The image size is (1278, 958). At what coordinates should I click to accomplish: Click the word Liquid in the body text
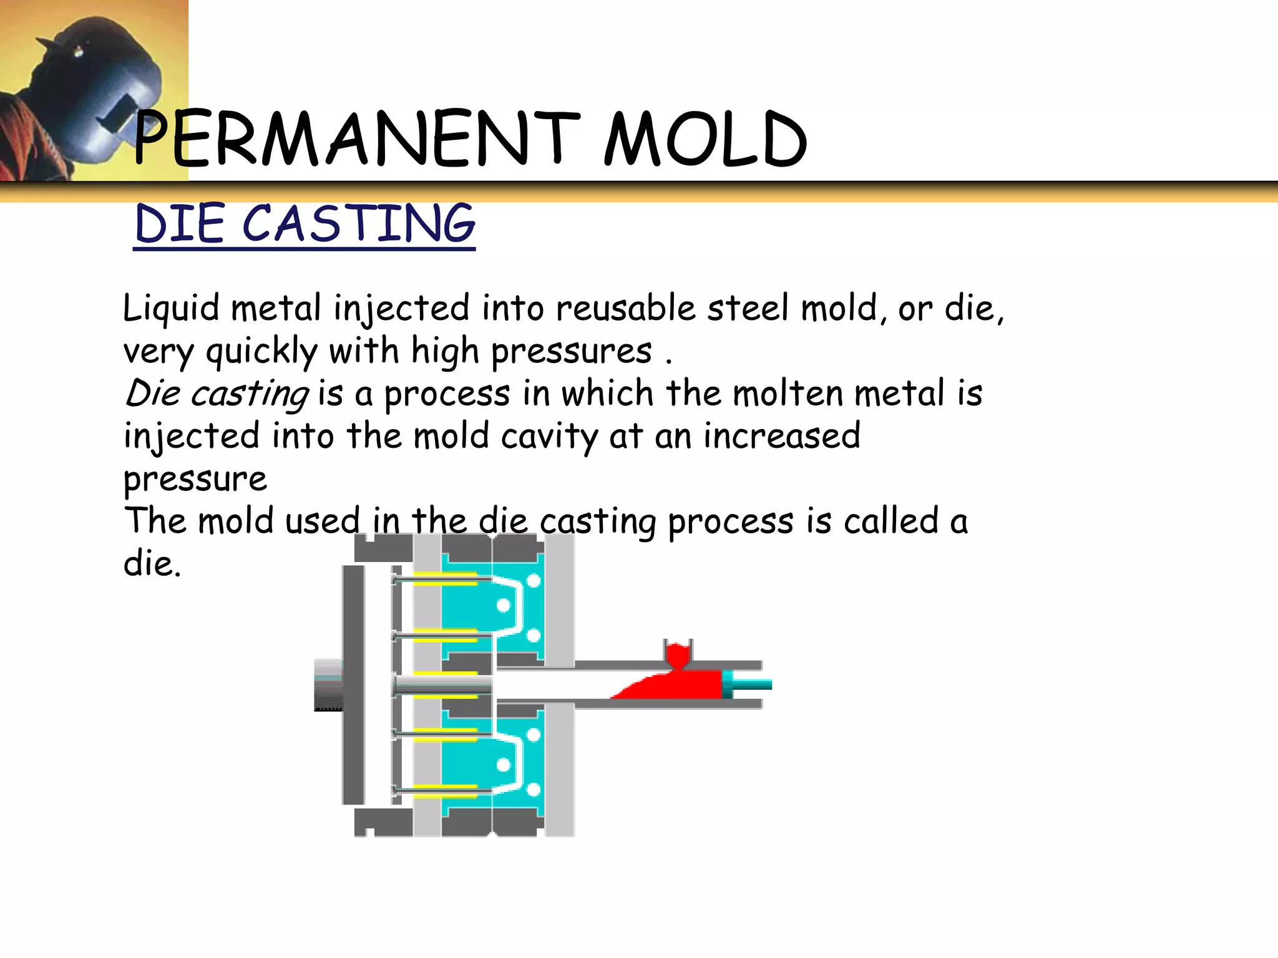[x=170, y=309]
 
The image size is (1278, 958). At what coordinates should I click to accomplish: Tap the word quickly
[x=261, y=351]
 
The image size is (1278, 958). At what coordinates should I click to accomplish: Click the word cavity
[x=549, y=437]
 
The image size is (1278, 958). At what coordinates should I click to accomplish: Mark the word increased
[x=782, y=436]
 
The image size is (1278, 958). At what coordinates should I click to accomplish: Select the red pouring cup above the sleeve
[x=678, y=655]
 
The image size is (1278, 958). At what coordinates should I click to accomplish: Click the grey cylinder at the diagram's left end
[x=328, y=684]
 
